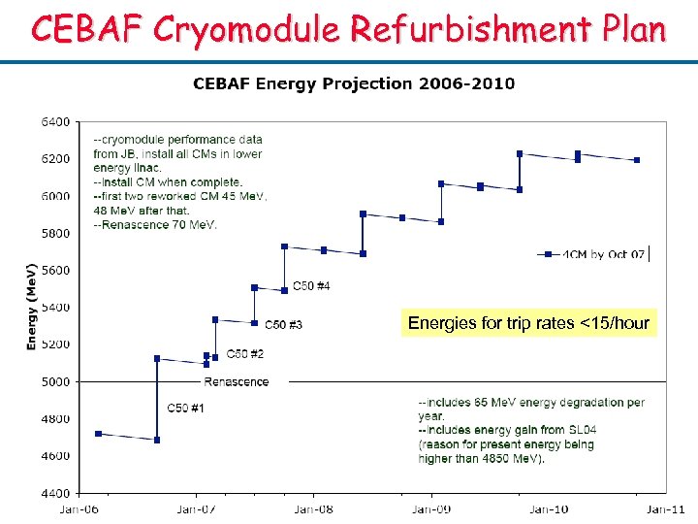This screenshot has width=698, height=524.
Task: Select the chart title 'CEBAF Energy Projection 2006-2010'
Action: click(354, 83)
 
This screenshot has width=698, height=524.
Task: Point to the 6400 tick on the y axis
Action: click(54, 122)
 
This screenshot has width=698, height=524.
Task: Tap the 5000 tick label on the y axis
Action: click(54, 381)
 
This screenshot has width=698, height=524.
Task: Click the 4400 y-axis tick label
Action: click(54, 493)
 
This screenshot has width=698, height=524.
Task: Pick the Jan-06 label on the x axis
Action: click(79, 508)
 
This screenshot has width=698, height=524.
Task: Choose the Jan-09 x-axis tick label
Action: click(431, 508)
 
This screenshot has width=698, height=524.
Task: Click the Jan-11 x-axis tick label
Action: click(666, 508)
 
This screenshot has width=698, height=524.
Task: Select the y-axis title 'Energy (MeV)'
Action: click(31, 306)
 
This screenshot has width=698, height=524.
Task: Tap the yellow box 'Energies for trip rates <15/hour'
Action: click(528, 323)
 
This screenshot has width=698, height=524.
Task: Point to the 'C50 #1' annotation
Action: click(185, 409)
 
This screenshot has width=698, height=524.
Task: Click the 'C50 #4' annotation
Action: click(311, 286)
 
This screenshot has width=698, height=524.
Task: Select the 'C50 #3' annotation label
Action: click(283, 324)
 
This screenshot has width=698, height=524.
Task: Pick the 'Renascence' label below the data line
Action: click(237, 381)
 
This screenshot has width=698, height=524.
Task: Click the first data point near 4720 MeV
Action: click(98, 434)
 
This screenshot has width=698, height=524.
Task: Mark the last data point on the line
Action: click(637, 160)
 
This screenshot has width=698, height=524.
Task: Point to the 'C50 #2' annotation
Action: click(245, 354)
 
